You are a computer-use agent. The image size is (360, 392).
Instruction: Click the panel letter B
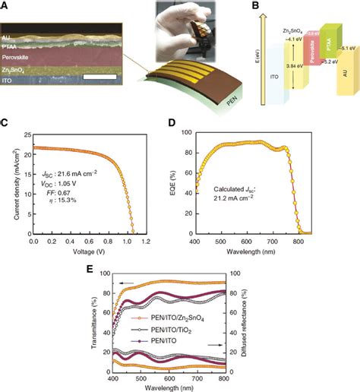pos(237,7)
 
